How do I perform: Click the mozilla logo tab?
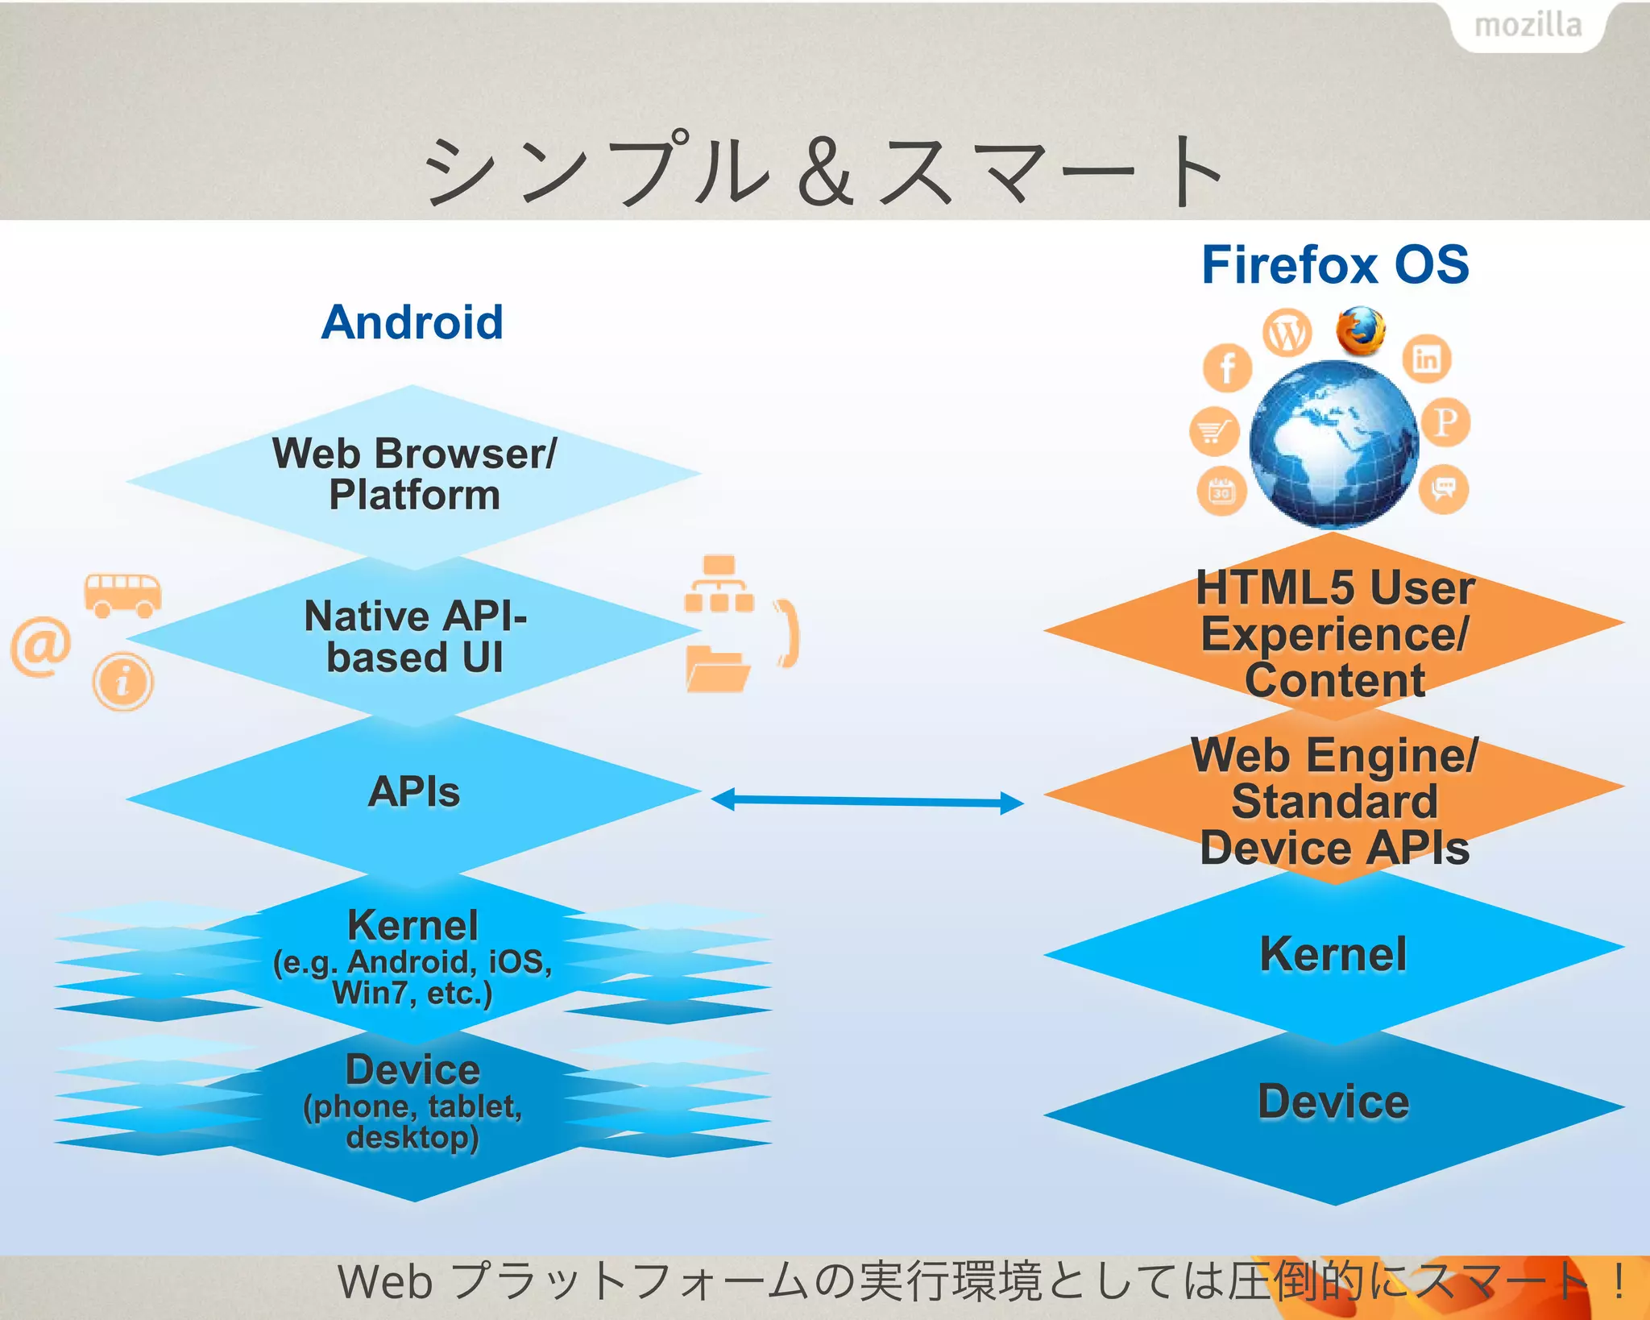point(1528,26)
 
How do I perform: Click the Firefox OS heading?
point(1335,265)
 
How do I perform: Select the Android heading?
point(412,322)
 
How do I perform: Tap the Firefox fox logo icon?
point(1361,330)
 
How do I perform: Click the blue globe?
point(1333,443)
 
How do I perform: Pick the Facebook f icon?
point(1227,368)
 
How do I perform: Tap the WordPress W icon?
point(1287,333)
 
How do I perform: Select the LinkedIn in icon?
point(1427,359)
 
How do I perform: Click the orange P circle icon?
point(1445,422)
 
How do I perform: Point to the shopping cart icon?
point(1213,432)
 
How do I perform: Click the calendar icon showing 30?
point(1221,491)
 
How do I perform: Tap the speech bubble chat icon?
point(1443,488)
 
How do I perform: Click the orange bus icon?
point(122,596)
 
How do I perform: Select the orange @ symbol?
point(40,646)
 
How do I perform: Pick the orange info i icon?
point(122,682)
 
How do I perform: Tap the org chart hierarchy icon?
point(719,584)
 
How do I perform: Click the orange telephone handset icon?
point(787,633)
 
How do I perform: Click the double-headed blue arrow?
point(867,801)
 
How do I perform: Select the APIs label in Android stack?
point(413,792)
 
